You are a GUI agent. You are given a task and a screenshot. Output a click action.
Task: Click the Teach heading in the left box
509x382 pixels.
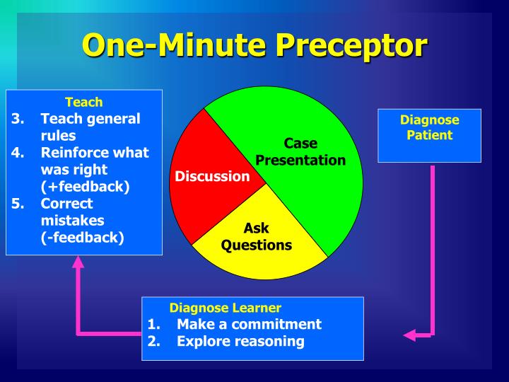click(84, 102)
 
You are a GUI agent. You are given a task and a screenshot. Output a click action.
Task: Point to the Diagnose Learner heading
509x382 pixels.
click(225, 308)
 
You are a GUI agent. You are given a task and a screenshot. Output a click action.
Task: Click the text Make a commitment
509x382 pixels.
click(249, 324)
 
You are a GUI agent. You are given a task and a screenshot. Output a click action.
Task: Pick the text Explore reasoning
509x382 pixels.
click(240, 341)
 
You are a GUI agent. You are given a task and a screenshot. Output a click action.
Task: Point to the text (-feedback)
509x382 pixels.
click(82, 238)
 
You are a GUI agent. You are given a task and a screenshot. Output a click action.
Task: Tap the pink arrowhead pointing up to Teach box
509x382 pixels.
click(78, 261)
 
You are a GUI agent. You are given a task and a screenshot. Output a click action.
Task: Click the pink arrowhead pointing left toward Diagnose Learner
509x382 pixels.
click(409, 335)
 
